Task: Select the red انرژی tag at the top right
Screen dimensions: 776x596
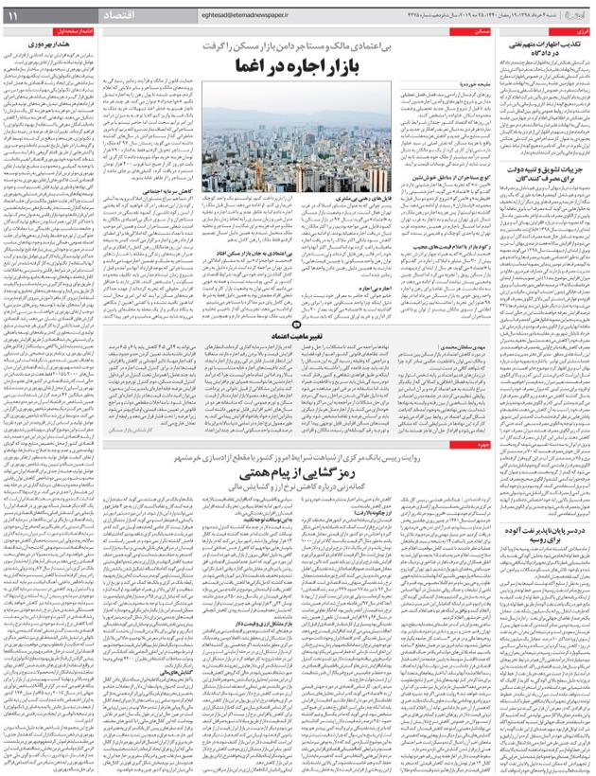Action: coord(580,31)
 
